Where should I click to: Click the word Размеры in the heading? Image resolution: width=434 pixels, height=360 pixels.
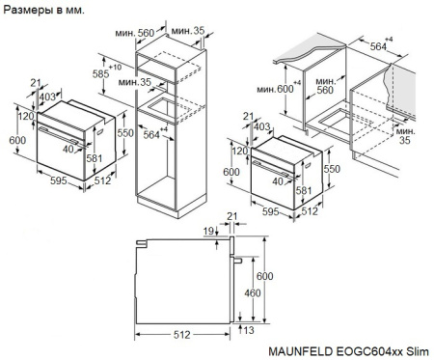tap(26, 10)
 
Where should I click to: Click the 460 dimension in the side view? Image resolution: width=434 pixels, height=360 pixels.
tap(250, 292)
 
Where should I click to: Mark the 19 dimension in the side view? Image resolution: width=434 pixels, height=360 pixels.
tap(209, 232)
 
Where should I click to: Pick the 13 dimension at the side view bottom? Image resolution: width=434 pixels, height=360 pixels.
tap(250, 331)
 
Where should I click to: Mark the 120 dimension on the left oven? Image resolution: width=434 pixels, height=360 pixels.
tap(26, 116)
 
